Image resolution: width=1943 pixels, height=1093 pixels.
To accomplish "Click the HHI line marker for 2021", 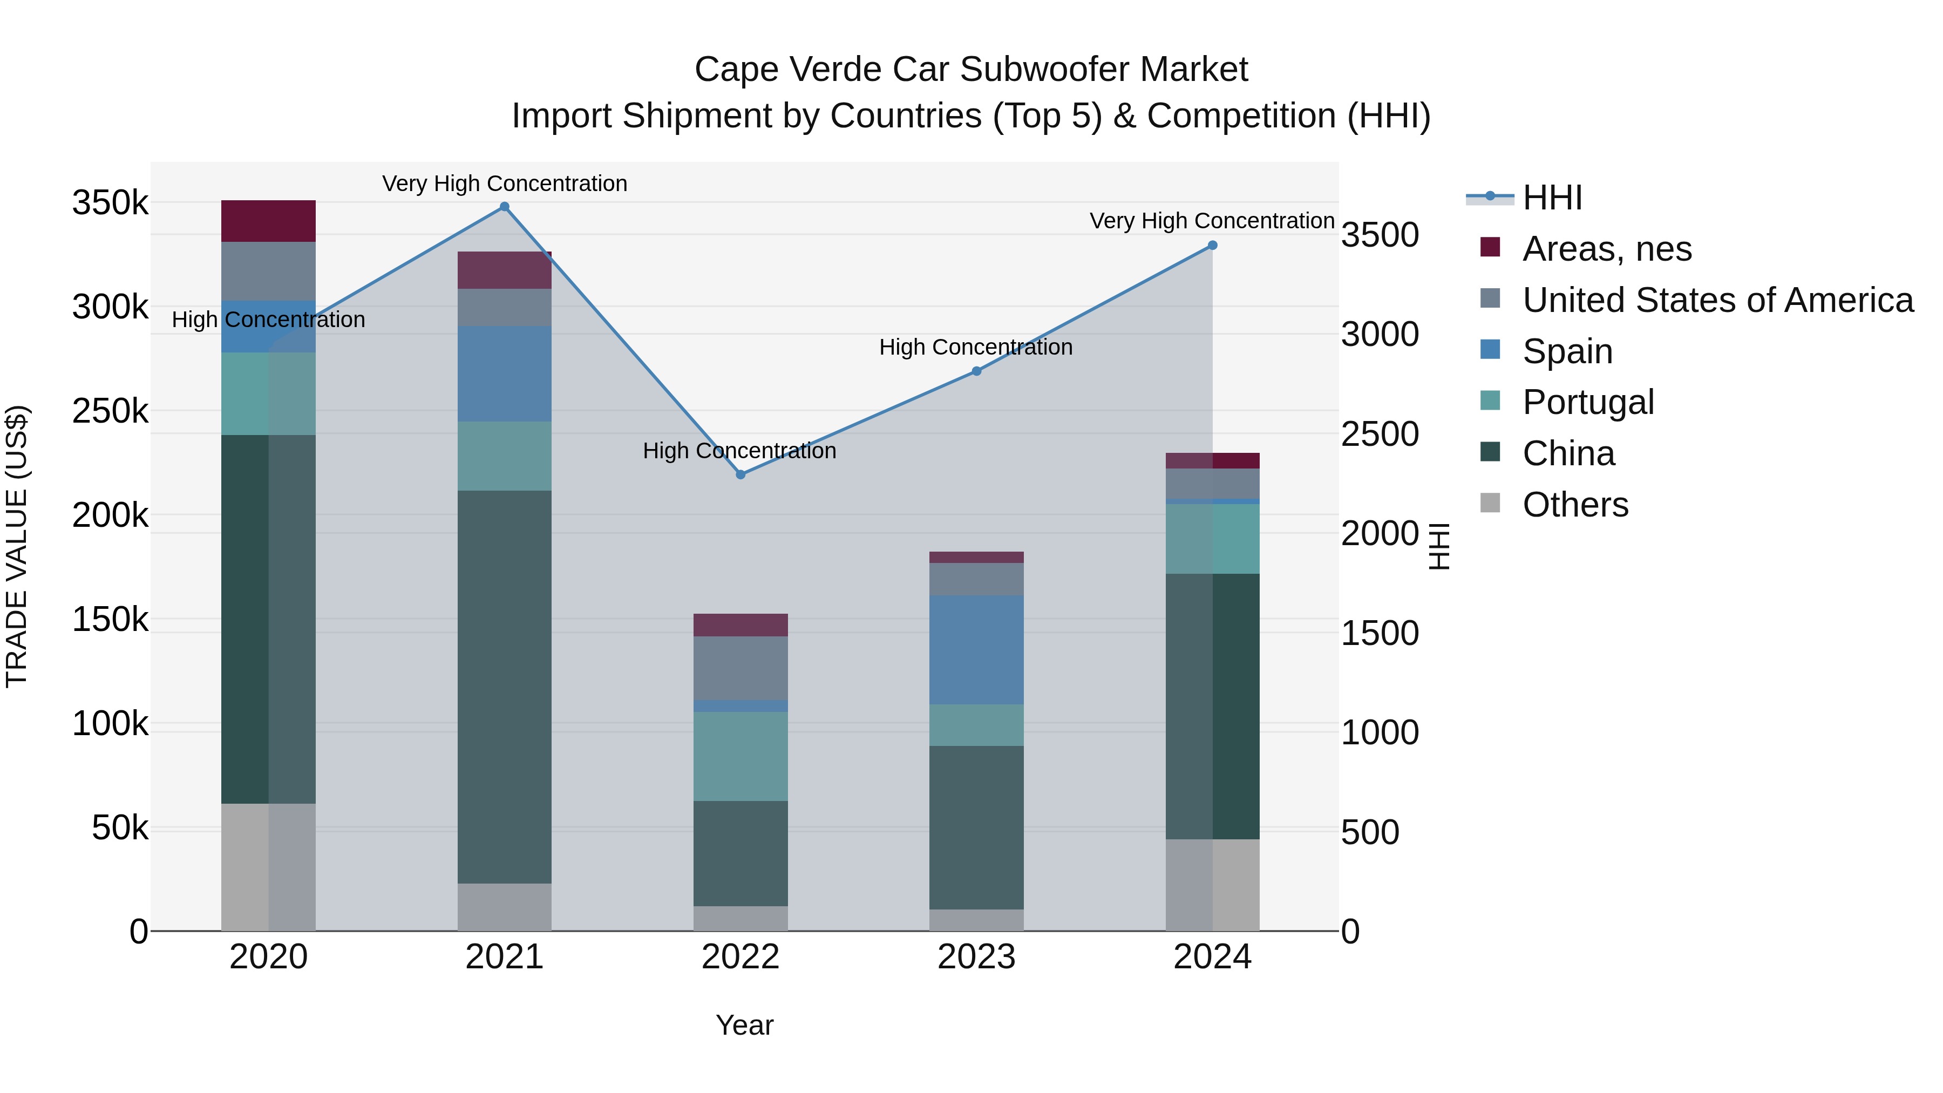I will tap(505, 207).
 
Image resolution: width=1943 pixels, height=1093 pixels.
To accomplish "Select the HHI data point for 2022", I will tap(740, 474).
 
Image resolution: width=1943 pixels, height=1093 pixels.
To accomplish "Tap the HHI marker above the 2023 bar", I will tap(976, 371).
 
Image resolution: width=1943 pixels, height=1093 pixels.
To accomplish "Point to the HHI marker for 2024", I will tap(1212, 245).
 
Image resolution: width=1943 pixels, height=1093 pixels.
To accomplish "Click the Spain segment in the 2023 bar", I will tap(976, 649).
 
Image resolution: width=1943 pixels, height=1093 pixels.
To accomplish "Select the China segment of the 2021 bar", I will tap(505, 687).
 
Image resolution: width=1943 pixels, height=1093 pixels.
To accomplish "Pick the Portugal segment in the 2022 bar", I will tap(740, 756).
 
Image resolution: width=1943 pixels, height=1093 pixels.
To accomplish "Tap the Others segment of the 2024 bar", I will tap(1212, 884).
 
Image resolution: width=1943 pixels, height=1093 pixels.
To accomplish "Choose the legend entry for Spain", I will tap(1567, 351).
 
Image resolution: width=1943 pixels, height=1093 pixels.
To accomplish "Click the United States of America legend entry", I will tap(1717, 300).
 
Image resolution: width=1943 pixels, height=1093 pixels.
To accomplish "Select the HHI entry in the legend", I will tap(1552, 198).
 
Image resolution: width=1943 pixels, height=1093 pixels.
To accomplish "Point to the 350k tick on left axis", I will tap(110, 203).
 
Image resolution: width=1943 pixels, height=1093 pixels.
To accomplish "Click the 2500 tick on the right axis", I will tap(1380, 435).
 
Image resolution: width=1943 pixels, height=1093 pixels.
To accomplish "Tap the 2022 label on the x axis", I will tap(740, 957).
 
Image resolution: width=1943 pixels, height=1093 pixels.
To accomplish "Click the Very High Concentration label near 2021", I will tap(505, 184).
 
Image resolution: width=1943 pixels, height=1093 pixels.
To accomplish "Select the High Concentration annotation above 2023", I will tap(976, 347).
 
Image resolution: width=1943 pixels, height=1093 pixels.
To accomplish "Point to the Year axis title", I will tap(744, 1025).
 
